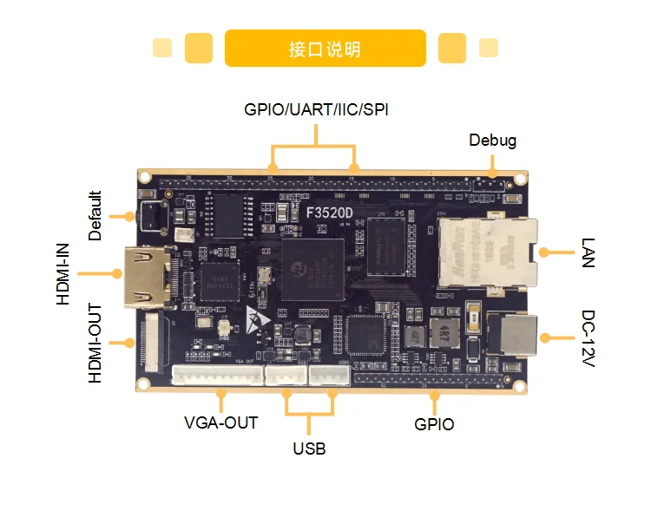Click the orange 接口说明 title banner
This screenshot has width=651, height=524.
coord(325,49)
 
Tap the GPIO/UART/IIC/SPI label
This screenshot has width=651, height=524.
coord(315,110)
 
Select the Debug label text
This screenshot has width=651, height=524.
coord(492,140)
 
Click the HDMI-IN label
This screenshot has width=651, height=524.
coord(63,273)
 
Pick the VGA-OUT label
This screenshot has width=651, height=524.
coord(220,423)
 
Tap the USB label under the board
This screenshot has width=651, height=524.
coord(309,449)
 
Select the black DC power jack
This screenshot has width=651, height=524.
coord(514,335)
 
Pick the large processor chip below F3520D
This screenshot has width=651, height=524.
coord(310,269)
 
